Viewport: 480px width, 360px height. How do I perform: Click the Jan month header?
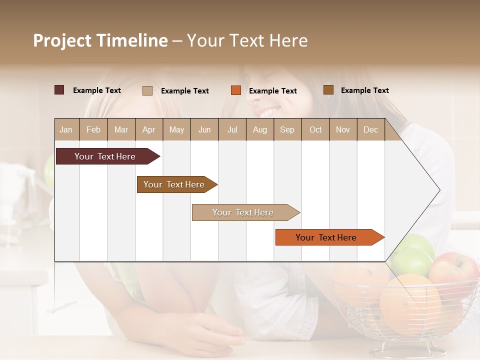tap(66, 129)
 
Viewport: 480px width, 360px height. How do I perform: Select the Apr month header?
tap(148, 129)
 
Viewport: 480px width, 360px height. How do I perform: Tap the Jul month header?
tap(232, 129)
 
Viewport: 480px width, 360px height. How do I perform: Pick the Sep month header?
tap(287, 129)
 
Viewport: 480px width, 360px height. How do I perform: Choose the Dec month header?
tap(370, 129)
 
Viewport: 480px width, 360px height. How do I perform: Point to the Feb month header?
tap(93, 129)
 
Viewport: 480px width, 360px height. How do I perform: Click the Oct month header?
tap(315, 129)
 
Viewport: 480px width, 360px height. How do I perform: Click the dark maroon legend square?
tap(59, 90)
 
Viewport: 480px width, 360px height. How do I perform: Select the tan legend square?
tap(147, 90)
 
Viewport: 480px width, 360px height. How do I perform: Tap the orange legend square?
tap(236, 90)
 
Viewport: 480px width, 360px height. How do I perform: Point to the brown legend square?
tap(328, 90)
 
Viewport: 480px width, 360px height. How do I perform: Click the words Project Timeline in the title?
tap(100, 40)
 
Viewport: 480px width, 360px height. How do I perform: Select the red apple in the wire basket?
tap(452, 270)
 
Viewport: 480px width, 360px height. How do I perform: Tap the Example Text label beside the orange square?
tap(272, 91)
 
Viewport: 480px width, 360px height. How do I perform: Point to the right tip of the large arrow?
tap(438, 190)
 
